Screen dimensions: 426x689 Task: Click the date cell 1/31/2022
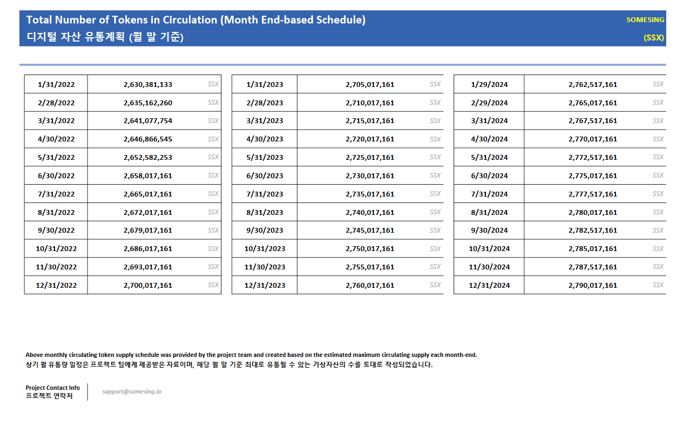[x=56, y=85]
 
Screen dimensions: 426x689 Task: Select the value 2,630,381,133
[x=148, y=85]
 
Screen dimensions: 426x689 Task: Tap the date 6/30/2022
[x=56, y=176]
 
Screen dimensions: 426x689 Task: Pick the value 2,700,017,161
[x=148, y=286]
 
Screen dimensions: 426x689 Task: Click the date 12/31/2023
[x=265, y=286]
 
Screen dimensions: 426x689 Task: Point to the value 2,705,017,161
[x=370, y=85]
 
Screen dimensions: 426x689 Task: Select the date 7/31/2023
[x=265, y=194]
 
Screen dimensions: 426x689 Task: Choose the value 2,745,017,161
[x=370, y=231]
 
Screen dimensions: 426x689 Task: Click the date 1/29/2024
[x=489, y=85]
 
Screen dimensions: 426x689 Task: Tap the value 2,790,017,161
[x=592, y=286]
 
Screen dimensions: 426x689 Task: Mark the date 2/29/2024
[x=489, y=103]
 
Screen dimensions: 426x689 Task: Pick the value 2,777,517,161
[x=592, y=194]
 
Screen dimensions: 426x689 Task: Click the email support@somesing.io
[x=132, y=391]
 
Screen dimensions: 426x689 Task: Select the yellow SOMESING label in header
[x=645, y=20]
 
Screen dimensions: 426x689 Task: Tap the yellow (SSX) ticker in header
[x=653, y=38]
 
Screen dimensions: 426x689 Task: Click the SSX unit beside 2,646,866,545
[x=213, y=139]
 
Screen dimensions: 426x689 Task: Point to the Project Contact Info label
[x=52, y=388]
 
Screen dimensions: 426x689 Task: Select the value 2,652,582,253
[x=148, y=158]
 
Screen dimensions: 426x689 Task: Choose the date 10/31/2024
[x=489, y=249]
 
